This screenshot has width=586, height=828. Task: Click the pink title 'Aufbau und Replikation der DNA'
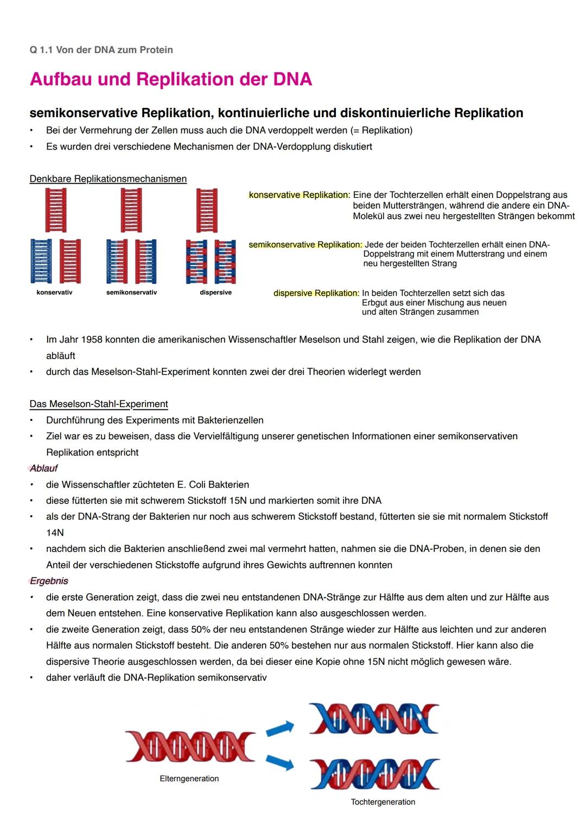point(171,79)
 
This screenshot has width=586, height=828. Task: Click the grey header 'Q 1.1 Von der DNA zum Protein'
point(101,50)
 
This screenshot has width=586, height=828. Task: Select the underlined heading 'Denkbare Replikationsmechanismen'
point(108,179)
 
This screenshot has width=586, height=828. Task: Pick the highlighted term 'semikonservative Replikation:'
point(305,245)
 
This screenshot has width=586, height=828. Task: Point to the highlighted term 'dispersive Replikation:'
point(316,293)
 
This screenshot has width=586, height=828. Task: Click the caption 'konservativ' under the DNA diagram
point(54,292)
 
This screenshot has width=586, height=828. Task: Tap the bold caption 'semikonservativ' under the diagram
point(131,292)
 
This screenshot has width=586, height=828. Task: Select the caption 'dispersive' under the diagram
point(215,292)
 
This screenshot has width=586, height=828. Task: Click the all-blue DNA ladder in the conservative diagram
point(41,261)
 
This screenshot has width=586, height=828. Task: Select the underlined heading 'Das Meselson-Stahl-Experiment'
point(99,404)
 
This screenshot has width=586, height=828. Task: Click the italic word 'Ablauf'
point(44,468)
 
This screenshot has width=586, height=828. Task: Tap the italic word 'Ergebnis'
point(49,581)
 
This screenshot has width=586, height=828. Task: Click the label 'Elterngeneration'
point(189,778)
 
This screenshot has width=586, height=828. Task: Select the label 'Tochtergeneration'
point(383,801)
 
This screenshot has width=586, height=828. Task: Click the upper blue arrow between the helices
point(280,729)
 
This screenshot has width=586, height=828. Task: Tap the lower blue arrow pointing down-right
point(280,762)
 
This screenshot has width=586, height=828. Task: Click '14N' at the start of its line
point(55,532)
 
